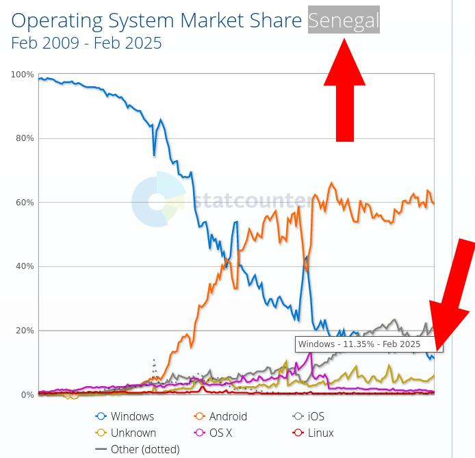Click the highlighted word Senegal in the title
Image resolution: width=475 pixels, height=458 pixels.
(x=344, y=20)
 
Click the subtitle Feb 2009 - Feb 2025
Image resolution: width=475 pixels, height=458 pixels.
(x=86, y=43)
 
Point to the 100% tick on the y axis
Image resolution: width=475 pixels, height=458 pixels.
(x=23, y=75)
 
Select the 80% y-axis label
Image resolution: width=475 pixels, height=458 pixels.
(x=25, y=138)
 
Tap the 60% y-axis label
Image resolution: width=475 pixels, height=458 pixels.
(x=25, y=203)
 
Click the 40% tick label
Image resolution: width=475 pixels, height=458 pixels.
(x=25, y=266)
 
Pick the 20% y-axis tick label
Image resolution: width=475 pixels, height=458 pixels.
(x=25, y=331)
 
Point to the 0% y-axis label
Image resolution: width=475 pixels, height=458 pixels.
(x=27, y=395)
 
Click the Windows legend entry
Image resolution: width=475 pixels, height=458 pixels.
(x=125, y=416)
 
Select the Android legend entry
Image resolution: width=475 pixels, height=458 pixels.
(x=220, y=416)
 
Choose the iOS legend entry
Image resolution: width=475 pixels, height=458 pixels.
(x=309, y=416)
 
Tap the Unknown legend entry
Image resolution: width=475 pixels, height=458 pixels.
(x=125, y=433)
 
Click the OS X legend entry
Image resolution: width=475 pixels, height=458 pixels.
(x=213, y=433)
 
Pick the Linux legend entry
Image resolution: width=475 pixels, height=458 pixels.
(x=313, y=433)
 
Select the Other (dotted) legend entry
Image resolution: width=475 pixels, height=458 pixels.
(x=137, y=449)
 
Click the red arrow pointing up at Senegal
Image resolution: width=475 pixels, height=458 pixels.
(x=345, y=90)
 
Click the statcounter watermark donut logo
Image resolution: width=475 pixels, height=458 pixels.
(x=158, y=199)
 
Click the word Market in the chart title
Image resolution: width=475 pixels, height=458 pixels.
(x=212, y=21)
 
